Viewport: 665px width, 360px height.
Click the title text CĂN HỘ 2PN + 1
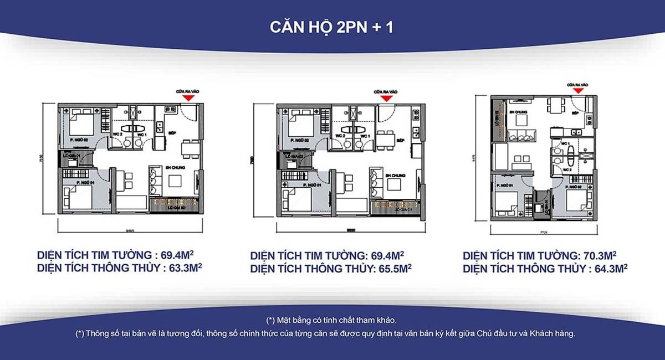(x=332, y=28)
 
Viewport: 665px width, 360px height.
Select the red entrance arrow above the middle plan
(x=386, y=97)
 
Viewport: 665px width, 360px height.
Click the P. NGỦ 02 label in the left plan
(x=79, y=141)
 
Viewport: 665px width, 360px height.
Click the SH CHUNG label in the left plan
(x=175, y=167)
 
